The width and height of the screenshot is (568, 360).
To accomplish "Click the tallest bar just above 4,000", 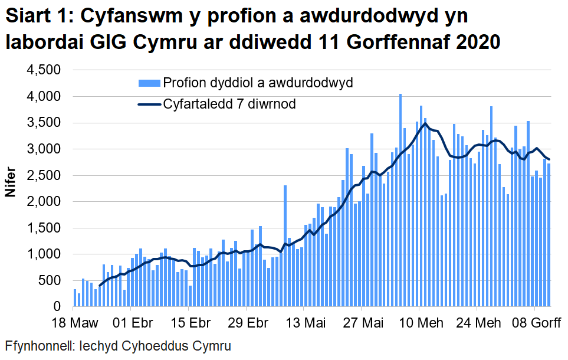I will pyautogui.click(x=400, y=201).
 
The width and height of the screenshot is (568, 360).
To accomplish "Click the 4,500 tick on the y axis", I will pyautogui.click(x=46, y=70).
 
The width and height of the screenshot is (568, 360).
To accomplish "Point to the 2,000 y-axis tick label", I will pyautogui.click(x=46, y=202).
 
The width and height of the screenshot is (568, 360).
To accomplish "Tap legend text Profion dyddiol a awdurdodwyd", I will pyautogui.click(x=258, y=83).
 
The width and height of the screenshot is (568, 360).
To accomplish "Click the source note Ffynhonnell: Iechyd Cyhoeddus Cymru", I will pyautogui.click(x=118, y=346).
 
